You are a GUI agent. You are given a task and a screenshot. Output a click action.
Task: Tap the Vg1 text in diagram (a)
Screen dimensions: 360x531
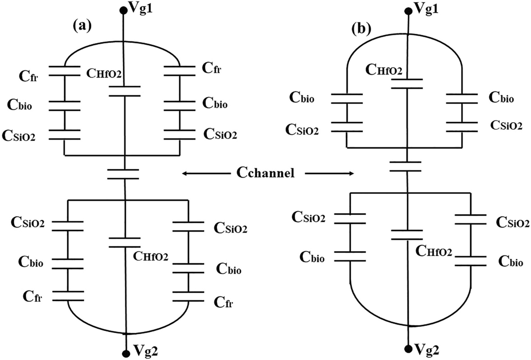[x=143, y=8]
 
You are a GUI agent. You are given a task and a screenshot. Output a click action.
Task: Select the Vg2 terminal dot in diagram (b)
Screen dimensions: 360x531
[x=407, y=348]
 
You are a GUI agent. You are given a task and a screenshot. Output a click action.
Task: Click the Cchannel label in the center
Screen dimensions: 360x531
[x=267, y=173]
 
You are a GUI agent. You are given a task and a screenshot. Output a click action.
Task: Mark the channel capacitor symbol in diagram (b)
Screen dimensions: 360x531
[x=406, y=166]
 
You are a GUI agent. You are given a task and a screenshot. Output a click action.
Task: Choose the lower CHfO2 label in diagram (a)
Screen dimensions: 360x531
[x=151, y=256]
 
